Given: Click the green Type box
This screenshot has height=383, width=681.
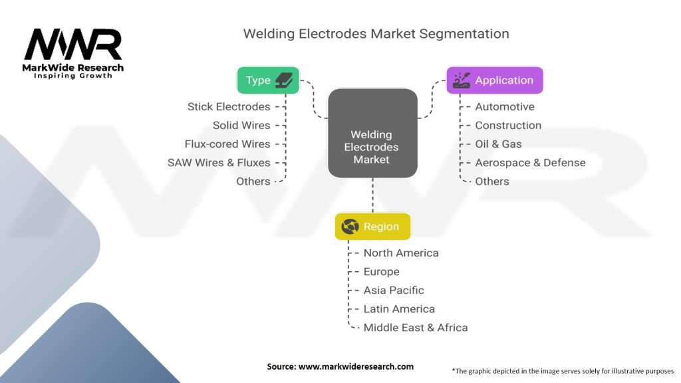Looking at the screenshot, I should [268, 80].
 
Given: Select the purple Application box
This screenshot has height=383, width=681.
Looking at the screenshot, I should [494, 80].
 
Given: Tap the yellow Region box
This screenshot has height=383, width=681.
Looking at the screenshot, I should [372, 227].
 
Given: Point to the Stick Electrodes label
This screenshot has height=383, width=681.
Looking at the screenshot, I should [229, 106].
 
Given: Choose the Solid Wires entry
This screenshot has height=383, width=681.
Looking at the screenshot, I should [241, 125].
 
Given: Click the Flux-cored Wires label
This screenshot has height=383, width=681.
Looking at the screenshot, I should [227, 144].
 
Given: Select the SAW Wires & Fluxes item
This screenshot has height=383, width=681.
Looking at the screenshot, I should [219, 162].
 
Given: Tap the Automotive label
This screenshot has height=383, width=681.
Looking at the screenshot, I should [504, 106].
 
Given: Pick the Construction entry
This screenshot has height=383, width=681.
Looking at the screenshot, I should [508, 125].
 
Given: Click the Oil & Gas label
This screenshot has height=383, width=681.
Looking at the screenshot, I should [498, 144].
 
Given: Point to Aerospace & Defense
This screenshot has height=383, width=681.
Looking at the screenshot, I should [530, 162].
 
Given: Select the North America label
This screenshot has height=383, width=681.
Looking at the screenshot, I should [401, 253].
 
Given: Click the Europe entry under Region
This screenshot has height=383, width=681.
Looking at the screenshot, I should [381, 271].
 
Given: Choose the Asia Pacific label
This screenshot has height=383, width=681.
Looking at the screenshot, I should [393, 290].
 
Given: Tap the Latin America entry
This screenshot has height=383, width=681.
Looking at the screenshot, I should [399, 309].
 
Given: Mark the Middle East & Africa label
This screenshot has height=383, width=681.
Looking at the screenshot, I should [415, 327].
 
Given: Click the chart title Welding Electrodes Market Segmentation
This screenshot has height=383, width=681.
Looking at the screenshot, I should [376, 33].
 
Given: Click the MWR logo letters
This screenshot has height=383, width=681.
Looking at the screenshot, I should [73, 45].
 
